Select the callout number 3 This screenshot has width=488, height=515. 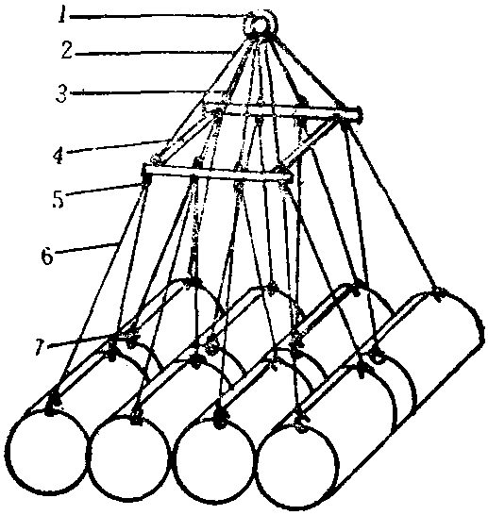60,93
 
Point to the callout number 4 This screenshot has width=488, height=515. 58,156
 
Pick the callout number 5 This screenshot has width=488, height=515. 58,199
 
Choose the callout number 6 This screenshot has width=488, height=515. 47,256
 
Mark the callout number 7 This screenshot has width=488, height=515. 40,347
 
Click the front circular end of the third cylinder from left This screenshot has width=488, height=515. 215,462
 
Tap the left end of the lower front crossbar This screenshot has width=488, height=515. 145,170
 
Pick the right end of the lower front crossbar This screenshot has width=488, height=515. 288,177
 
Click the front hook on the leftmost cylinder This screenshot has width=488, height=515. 53,405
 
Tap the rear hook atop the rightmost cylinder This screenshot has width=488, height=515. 438,296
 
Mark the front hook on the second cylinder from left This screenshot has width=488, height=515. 135,415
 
